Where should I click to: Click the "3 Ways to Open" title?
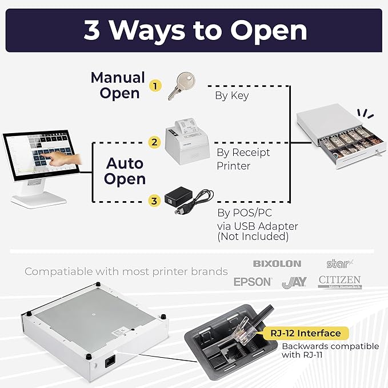coord(194,30)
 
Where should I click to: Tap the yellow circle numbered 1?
coord(154,86)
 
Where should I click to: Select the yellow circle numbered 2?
coord(154,141)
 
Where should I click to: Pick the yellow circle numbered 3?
coord(154,201)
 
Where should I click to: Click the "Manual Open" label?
coord(118,85)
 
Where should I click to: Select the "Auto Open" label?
coord(125,171)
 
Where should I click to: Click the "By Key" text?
coord(231,95)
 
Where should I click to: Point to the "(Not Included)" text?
coord(253,237)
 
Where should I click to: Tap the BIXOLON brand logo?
coord(277,264)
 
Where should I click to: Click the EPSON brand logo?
coord(253,282)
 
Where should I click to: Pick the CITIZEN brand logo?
coord(339,281)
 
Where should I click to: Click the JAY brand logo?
coord(294,282)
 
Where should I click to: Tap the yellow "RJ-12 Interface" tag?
coord(307,333)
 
